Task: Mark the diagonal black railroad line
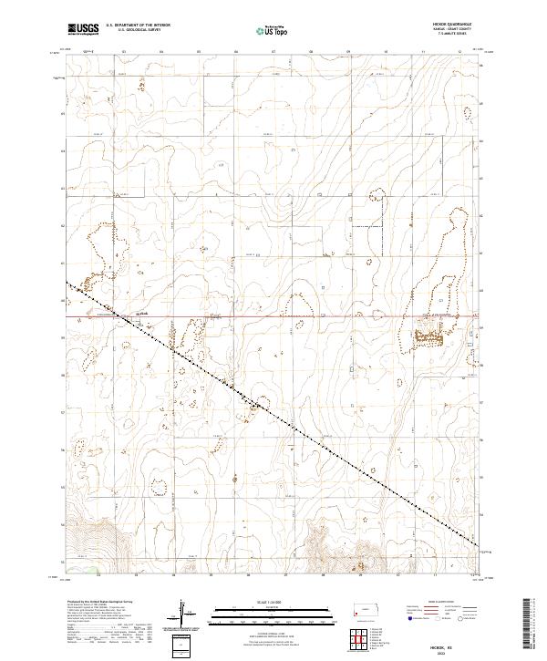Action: point(273,416)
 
